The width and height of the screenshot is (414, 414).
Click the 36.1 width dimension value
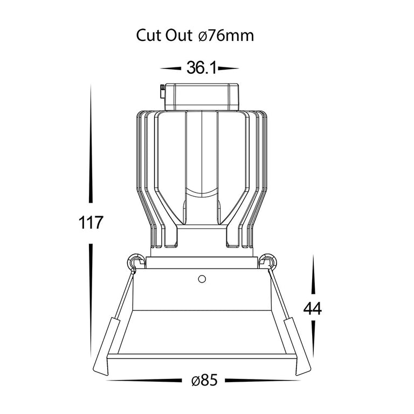[x=202, y=67]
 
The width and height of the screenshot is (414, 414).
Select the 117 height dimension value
[x=91, y=223]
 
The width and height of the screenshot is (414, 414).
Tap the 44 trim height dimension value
[x=313, y=308]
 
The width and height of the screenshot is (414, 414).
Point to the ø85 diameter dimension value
[x=204, y=381]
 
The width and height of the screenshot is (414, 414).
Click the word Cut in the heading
[x=149, y=36]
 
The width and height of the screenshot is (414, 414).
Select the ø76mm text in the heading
[x=226, y=36]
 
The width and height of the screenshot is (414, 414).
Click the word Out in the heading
[x=179, y=36]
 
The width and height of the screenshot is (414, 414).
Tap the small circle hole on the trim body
[x=202, y=279]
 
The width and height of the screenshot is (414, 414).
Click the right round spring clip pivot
[x=268, y=262]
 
